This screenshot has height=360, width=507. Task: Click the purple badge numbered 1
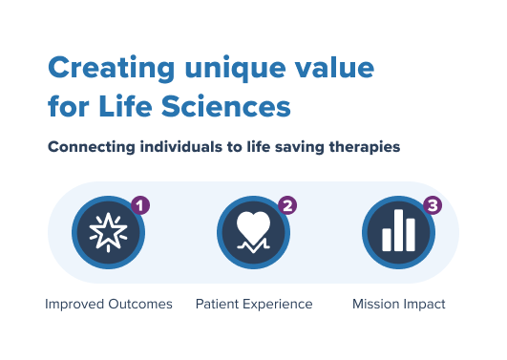(x=140, y=205)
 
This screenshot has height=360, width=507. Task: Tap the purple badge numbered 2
(x=286, y=205)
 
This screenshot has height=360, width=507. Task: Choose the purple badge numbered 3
(x=432, y=205)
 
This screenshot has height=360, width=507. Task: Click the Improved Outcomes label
(x=108, y=305)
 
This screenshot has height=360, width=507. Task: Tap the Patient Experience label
(x=254, y=305)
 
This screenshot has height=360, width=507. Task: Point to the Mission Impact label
(x=398, y=305)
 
